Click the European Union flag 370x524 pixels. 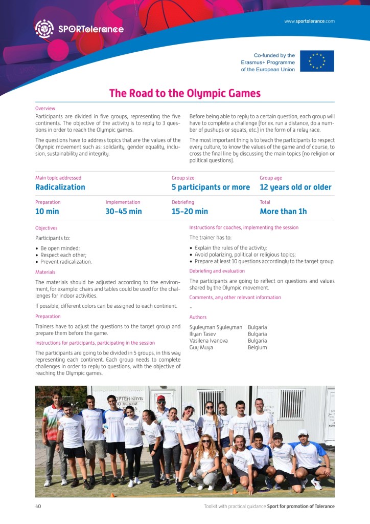tap(317, 61)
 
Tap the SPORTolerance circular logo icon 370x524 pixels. tap(44, 29)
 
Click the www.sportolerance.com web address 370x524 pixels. tap(309, 22)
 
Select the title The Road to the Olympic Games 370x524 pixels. tap(185, 93)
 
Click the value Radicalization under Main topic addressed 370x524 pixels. tap(60, 187)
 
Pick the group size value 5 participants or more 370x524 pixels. tap(211, 187)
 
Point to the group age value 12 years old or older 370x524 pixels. tap(295, 187)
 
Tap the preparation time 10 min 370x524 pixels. tap(47, 211)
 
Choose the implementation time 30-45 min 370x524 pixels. tap(124, 211)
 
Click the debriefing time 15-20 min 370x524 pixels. tap(190, 211)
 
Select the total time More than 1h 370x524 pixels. tap(283, 211)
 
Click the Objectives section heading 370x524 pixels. tap(47, 228)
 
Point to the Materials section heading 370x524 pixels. tap(45, 272)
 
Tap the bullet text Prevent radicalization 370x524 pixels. tap(66, 262)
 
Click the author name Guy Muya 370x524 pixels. tap(201, 347)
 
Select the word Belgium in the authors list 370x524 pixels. tap(257, 347)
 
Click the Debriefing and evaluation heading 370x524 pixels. tap(217, 271)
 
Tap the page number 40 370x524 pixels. tap(38, 506)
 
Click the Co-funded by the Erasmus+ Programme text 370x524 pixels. tap(268, 62)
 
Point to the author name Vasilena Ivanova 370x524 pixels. tap(209, 341)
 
